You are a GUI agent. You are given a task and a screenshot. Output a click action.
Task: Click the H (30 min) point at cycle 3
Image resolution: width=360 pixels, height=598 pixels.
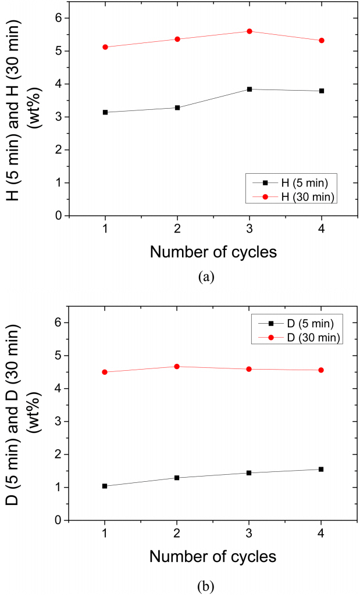click(x=249, y=31)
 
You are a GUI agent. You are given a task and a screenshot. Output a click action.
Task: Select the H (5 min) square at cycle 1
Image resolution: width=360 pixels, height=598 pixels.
click(x=105, y=112)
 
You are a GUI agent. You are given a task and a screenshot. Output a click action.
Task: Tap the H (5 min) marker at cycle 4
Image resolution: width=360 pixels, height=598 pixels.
click(x=321, y=91)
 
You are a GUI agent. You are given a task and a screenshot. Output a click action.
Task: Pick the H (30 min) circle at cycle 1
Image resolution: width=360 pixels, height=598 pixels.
click(x=105, y=47)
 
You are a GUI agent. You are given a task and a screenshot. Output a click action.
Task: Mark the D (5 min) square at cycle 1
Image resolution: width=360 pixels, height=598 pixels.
click(x=105, y=486)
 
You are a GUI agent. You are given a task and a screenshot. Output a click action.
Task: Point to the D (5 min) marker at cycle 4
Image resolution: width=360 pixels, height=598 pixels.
click(x=321, y=469)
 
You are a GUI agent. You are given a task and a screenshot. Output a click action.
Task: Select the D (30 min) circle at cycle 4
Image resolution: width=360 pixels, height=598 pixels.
click(x=321, y=370)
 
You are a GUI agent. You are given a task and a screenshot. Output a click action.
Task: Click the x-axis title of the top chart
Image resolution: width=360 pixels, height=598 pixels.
click(x=212, y=252)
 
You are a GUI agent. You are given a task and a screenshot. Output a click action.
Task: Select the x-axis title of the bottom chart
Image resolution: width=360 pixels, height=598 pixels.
click(x=212, y=557)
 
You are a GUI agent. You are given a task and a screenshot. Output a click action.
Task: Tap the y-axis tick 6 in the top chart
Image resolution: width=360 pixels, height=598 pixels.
click(x=58, y=18)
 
